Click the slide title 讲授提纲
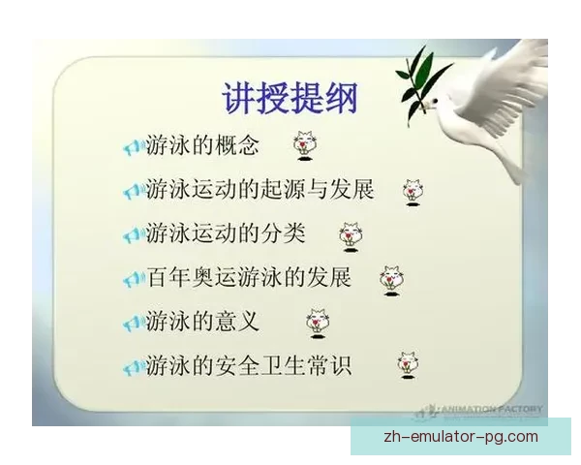click(x=290, y=98)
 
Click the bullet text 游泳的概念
click(x=202, y=146)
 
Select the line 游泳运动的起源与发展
click(x=260, y=189)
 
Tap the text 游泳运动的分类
click(x=225, y=233)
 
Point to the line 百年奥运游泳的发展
click(x=249, y=278)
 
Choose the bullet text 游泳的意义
click(x=202, y=321)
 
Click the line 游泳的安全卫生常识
click(x=249, y=366)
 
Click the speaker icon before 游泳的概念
click(x=134, y=148)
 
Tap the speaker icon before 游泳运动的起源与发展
click(x=134, y=192)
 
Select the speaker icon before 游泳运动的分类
click(x=134, y=235)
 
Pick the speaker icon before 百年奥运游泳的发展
click(x=134, y=280)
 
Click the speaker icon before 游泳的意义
click(x=134, y=323)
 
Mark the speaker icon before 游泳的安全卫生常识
click(x=134, y=368)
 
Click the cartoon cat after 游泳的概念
click(x=306, y=145)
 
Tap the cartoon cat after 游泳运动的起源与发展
click(x=413, y=190)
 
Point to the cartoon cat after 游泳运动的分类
click(x=350, y=235)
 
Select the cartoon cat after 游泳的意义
click(x=317, y=322)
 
